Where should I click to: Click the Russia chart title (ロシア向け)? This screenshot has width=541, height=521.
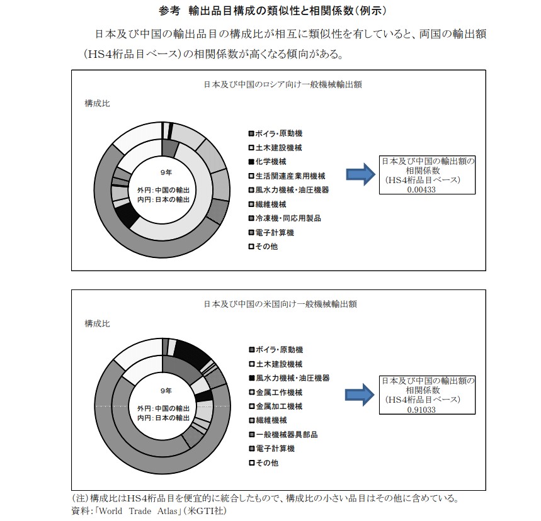(282, 83)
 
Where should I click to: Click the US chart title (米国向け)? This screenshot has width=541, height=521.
(280, 304)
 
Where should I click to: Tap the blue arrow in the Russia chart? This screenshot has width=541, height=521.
(360, 174)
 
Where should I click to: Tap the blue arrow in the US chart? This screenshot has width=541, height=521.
(360, 395)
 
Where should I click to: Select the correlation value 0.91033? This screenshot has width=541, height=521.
(421, 409)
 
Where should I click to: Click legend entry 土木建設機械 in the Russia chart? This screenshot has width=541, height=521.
(278, 148)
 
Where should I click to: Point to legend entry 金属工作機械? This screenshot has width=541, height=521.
(278, 392)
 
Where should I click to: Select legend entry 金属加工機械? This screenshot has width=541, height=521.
(278, 406)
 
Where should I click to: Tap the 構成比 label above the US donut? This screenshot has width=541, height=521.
(97, 323)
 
